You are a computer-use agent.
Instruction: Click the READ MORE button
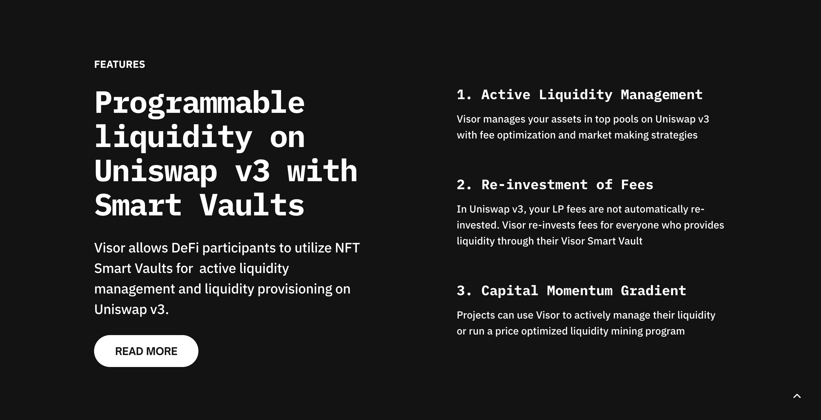(146, 351)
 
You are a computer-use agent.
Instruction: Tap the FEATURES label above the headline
(119, 64)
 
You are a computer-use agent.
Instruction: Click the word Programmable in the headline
(200, 103)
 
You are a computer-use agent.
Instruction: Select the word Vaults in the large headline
(252, 205)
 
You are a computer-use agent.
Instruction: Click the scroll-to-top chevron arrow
(797, 396)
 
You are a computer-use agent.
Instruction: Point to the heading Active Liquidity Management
(592, 95)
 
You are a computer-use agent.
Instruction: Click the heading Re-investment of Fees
(567, 185)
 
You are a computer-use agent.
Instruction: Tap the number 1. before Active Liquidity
(464, 95)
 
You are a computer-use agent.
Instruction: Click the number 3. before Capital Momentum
(464, 291)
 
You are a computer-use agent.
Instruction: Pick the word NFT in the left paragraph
(347, 248)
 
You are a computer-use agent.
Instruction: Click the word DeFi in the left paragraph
(185, 248)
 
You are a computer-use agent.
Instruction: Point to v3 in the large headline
(252, 172)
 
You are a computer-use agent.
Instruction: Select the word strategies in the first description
(674, 135)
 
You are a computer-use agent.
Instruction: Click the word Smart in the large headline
(138, 205)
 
